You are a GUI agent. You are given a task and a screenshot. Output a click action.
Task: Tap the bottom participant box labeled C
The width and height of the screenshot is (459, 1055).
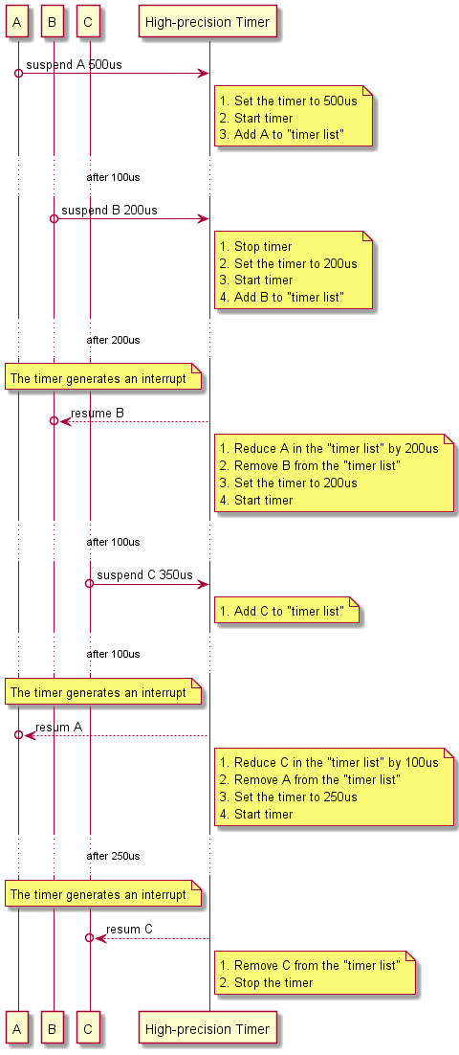89,1030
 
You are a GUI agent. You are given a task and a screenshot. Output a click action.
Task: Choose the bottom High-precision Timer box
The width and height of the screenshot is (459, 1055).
208,1030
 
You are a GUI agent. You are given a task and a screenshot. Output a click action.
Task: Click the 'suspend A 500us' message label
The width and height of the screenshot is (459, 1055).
74,64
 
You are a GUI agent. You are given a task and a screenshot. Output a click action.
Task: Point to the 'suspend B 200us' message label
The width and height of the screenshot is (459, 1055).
109,210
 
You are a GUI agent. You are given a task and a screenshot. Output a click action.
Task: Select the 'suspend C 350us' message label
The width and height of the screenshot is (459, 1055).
144,574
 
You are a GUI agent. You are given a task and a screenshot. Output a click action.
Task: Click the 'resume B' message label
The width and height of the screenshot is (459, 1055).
97,413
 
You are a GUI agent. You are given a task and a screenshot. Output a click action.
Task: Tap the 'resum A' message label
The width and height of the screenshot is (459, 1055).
58,727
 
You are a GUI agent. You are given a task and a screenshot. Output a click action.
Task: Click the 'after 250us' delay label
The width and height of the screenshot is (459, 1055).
113,855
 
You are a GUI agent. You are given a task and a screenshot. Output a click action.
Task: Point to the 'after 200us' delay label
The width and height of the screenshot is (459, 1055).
113,340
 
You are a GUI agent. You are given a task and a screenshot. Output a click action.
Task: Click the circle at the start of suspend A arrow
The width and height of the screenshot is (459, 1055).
18,74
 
